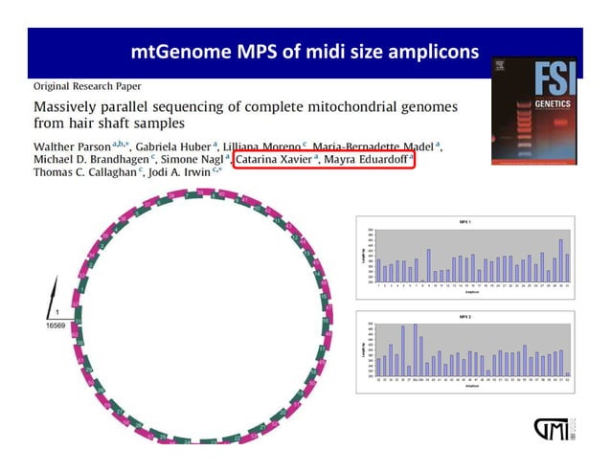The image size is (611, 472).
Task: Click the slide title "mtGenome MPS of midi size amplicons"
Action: coord(305,52)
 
